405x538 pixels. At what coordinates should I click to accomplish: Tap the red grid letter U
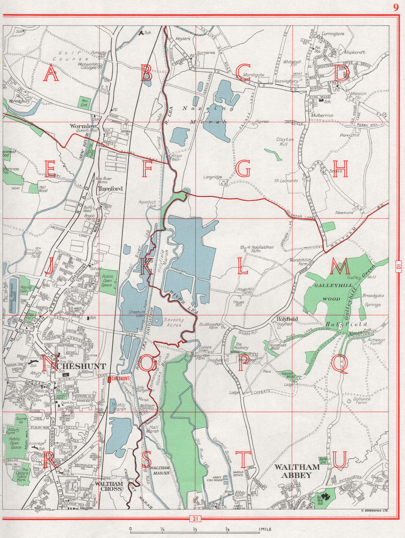(x=340, y=459)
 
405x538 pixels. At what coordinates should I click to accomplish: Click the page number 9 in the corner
(x=395, y=7)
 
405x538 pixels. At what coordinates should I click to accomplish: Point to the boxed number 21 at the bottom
(x=196, y=519)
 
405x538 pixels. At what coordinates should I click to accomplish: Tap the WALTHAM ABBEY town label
(x=297, y=471)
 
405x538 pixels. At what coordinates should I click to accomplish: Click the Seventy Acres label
(x=173, y=322)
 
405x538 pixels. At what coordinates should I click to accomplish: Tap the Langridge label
(x=213, y=177)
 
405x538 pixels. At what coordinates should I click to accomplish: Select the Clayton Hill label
(x=285, y=141)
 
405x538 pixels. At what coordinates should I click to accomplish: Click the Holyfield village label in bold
(x=287, y=319)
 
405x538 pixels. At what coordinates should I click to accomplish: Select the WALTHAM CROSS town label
(x=109, y=486)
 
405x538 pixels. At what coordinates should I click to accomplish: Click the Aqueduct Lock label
(x=146, y=204)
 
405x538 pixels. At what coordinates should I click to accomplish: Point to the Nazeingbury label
(x=286, y=81)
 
